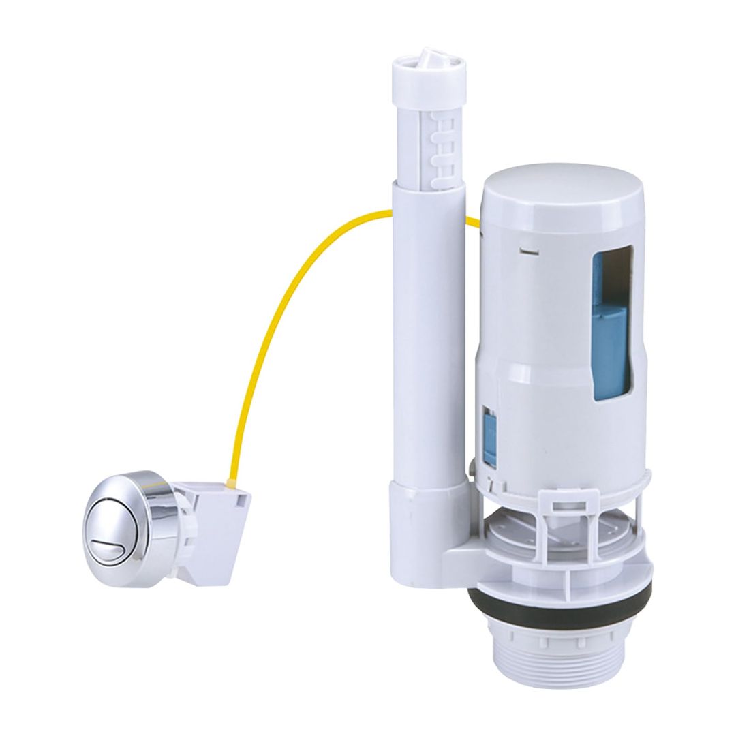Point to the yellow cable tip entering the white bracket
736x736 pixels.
224,485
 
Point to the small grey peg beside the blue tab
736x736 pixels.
472,470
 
